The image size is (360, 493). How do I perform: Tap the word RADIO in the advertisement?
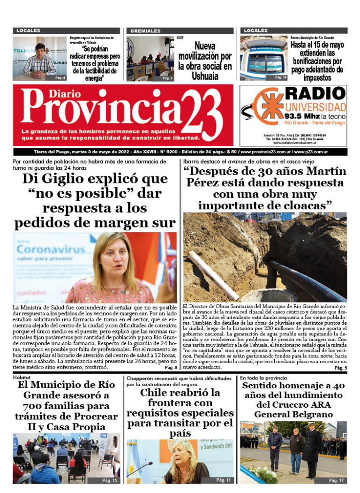tap(315, 93)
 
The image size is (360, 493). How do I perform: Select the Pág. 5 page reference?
tap(340, 368)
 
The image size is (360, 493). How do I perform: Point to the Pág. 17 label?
tap(336, 480)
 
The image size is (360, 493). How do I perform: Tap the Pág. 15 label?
tap(110, 480)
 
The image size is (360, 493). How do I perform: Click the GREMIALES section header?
tap(145, 31)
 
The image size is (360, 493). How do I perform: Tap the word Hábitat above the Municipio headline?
tap(22, 377)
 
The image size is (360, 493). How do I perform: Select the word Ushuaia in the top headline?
tap(205, 76)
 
